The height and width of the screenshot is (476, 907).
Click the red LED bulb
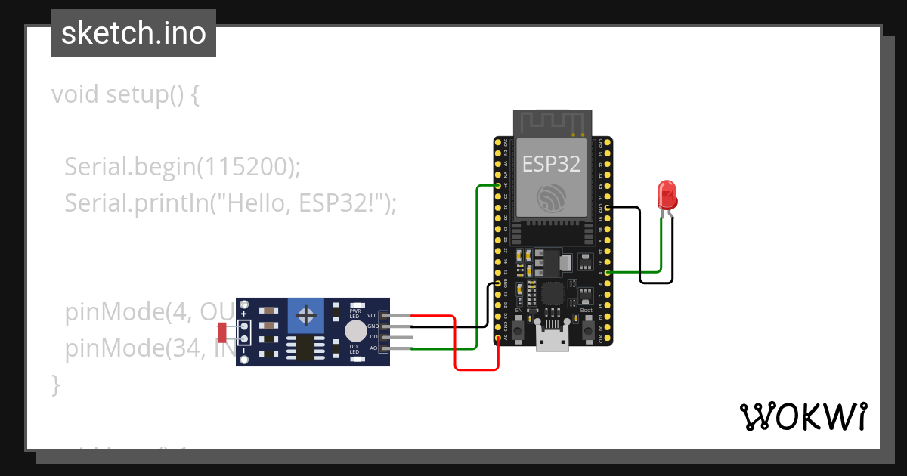[x=667, y=195]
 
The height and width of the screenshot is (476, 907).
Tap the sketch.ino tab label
[x=134, y=33]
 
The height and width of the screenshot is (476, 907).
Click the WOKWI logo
[x=803, y=416]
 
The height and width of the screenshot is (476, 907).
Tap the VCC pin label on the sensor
[x=372, y=315]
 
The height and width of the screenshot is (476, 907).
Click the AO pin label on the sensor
[x=373, y=348]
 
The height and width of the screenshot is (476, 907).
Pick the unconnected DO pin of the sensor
[x=401, y=337]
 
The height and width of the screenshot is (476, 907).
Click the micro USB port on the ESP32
[x=553, y=339]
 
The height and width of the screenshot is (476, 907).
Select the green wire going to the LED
[x=661, y=242]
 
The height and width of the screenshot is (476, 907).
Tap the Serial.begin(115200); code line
[x=182, y=166]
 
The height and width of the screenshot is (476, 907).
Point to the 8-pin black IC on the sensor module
[x=306, y=348]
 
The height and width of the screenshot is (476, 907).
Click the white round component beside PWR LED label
[x=355, y=331]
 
